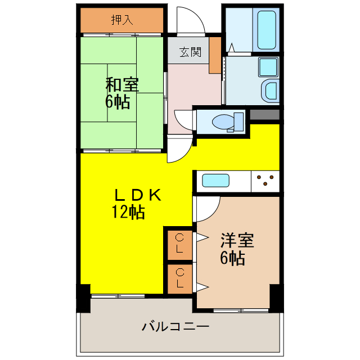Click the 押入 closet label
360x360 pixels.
pos(121,20)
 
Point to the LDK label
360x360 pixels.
pos(138,195)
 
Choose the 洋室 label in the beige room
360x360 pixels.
pos(237,241)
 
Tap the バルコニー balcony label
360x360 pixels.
pos(175,326)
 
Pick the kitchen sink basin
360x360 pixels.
pos(215,181)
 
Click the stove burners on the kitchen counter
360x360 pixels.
pos(265,180)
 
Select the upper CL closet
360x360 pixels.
pos(179,244)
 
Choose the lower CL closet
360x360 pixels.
pos(179,278)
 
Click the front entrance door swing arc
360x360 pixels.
pos(189,21)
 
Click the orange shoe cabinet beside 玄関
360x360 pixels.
pos(215,55)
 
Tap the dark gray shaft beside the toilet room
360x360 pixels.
pos(264,115)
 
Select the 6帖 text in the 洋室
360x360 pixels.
pos(232,259)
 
